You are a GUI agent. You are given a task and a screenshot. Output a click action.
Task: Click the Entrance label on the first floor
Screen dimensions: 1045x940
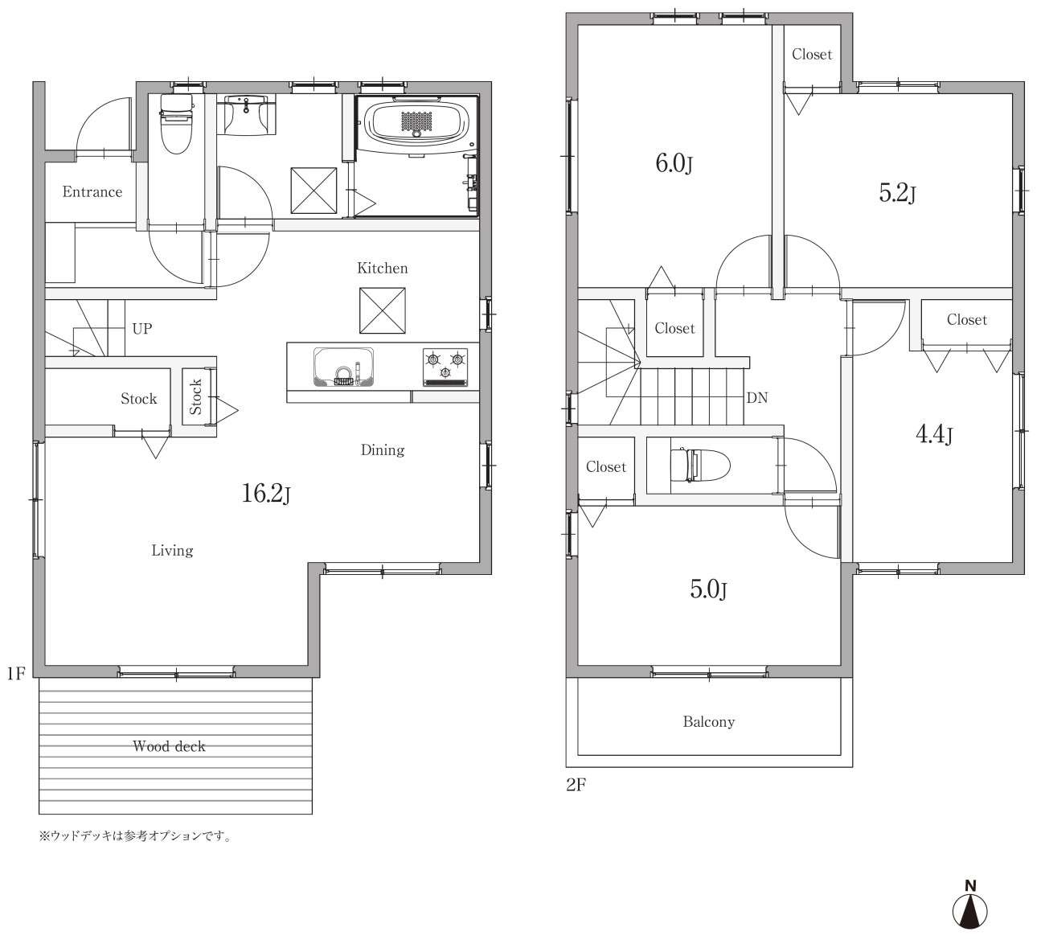[x=92, y=192]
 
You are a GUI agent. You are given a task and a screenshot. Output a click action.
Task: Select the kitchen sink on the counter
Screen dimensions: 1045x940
[x=344, y=367]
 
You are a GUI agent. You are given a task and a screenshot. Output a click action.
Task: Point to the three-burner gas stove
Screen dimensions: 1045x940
[x=445, y=367]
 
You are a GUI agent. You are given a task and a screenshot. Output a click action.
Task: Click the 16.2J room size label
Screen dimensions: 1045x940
[x=266, y=493]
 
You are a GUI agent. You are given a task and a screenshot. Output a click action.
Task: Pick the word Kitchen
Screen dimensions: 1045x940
[x=383, y=268]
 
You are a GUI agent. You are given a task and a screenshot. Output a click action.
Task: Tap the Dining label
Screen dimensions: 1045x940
[x=383, y=450]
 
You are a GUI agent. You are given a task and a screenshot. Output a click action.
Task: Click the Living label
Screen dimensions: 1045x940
[x=172, y=551]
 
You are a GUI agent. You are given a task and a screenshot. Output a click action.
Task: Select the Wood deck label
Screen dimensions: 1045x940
[x=169, y=746]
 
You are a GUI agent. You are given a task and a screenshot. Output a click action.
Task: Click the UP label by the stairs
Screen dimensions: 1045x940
[x=141, y=329]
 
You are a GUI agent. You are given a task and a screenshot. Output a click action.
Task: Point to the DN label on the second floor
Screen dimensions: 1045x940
[x=757, y=398]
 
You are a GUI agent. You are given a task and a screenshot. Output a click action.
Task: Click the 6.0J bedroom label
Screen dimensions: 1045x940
[x=674, y=164]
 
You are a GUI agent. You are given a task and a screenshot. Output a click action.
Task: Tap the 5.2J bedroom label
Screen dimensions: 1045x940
[x=897, y=193]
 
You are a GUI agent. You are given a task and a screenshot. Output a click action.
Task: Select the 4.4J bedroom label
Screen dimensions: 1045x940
[x=934, y=434]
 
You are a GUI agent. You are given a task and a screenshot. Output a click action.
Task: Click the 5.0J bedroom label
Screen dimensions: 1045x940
[x=708, y=589]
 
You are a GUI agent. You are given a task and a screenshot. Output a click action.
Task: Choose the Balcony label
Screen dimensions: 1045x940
[x=708, y=722]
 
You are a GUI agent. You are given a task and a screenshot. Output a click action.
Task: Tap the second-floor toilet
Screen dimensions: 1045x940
[x=700, y=463]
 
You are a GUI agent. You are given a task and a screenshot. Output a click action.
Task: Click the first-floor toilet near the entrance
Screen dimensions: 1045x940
[x=175, y=124]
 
